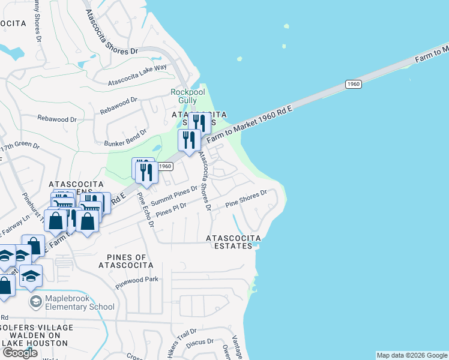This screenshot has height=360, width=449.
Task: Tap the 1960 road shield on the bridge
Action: coord(354,85)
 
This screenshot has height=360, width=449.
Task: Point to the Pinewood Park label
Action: coord(137,279)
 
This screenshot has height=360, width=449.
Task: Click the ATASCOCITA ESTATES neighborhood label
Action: coord(229,242)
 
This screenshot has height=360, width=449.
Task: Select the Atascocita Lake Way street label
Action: coord(137,76)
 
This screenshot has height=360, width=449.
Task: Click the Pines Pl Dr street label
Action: coord(171,209)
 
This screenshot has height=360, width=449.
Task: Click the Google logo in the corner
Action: coord(20,352)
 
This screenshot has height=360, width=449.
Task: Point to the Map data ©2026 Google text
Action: coord(412,355)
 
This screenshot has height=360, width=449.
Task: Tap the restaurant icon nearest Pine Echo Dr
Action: coord(148,173)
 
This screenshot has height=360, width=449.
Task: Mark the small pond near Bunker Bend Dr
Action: coord(157,148)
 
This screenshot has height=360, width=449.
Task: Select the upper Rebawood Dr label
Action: coord(115,107)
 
